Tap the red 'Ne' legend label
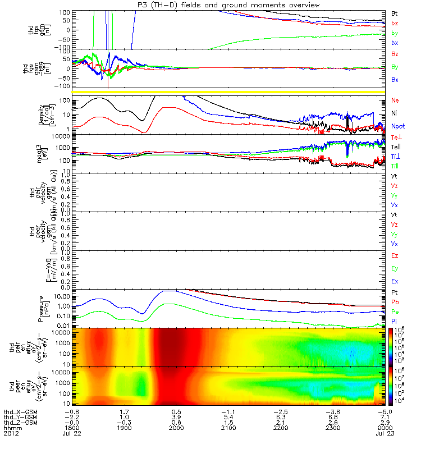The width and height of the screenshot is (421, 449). pos(395,100)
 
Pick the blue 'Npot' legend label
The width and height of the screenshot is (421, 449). pos(398,126)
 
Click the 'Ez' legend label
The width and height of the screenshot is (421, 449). pos(395,255)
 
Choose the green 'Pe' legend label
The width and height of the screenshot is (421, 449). pos(395,311)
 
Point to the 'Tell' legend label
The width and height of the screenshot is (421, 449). pos(396,146)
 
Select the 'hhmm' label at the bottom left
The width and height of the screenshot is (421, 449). pos(11,428)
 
